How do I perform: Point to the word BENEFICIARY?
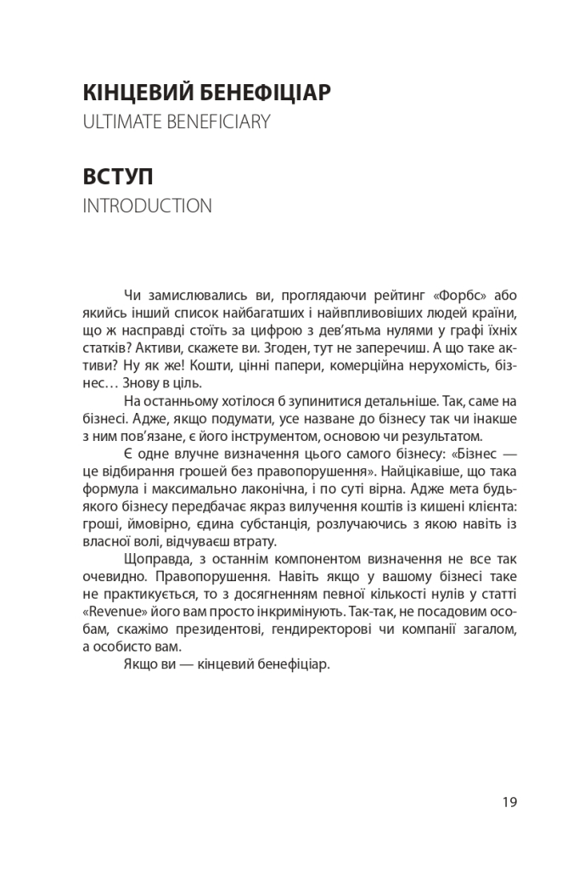click(218, 122)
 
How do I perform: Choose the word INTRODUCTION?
click(148, 206)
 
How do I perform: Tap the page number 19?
click(509, 801)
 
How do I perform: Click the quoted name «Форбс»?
click(463, 295)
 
